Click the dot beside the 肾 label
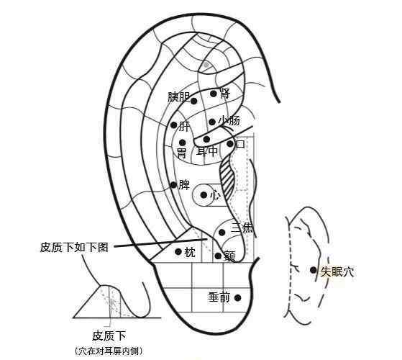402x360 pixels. pyautogui.click(x=213, y=94)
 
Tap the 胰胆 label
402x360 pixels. pyautogui.click(x=179, y=97)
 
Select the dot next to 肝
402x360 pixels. pyautogui.click(x=174, y=125)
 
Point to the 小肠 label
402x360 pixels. pyautogui.click(x=229, y=121)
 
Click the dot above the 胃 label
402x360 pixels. pyautogui.click(x=182, y=143)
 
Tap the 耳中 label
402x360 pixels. pyautogui.click(x=207, y=151)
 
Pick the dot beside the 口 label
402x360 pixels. pyautogui.click(x=230, y=144)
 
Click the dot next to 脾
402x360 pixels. pyautogui.click(x=173, y=185)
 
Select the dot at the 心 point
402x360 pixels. pyautogui.click(x=204, y=195)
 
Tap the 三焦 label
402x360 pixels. pyautogui.click(x=242, y=228)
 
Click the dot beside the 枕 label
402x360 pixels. pyautogui.click(x=178, y=252)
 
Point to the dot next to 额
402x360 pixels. pyautogui.click(x=218, y=256)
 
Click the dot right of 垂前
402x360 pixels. pyautogui.click(x=237, y=298)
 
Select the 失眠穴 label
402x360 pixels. pyautogui.click(x=337, y=271)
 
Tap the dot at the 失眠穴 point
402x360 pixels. pyautogui.click(x=313, y=270)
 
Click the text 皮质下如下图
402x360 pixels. pyautogui.click(x=74, y=248)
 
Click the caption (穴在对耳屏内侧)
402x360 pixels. pyautogui.click(x=109, y=351)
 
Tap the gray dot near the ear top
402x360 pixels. pyautogui.click(x=206, y=64)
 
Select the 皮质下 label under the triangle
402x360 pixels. pyautogui.click(x=109, y=336)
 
